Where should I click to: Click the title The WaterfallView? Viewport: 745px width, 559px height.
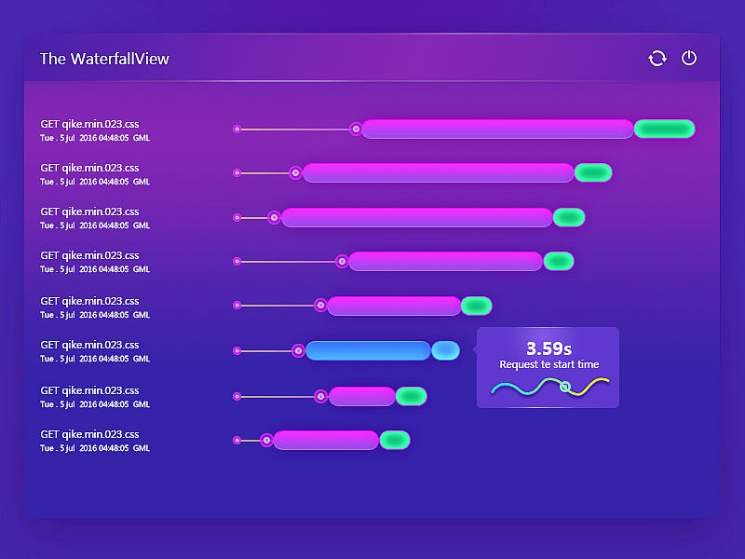pyautogui.click(x=104, y=59)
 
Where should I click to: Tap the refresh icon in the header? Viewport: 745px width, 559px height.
pyautogui.click(x=657, y=59)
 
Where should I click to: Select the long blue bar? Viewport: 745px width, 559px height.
pyautogui.click(x=368, y=350)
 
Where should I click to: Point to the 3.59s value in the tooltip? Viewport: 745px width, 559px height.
pyautogui.click(x=549, y=348)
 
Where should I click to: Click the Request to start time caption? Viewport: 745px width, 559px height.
pyautogui.click(x=549, y=365)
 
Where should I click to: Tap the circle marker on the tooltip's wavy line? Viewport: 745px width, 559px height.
pyautogui.click(x=565, y=387)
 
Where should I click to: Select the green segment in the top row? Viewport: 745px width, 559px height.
pyautogui.click(x=664, y=129)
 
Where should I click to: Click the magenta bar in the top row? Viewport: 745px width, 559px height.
pyautogui.click(x=497, y=129)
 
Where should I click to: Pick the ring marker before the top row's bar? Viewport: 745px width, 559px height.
pyautogui.click(x=356, y=129)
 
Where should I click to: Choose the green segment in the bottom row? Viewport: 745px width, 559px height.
pyautogui.click(x=395, y=440)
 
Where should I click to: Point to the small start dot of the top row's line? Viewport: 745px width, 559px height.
pyautogui.click(x=237, y=129)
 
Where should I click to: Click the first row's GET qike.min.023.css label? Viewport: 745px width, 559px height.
pyautogui.click(x=89, y=123)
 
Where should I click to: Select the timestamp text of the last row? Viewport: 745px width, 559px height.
pyautogui.click(x=95, y=448)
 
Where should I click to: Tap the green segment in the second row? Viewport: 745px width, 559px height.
pyautogui.click(x=593, y=172)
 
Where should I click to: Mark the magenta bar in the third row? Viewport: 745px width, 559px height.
pyautogui.click(x=417, y=217)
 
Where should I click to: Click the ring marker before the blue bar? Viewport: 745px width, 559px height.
pyautogui.click(x=298, y=350)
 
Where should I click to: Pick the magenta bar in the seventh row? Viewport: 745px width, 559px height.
pyautogui.click(x=362, y=396)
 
